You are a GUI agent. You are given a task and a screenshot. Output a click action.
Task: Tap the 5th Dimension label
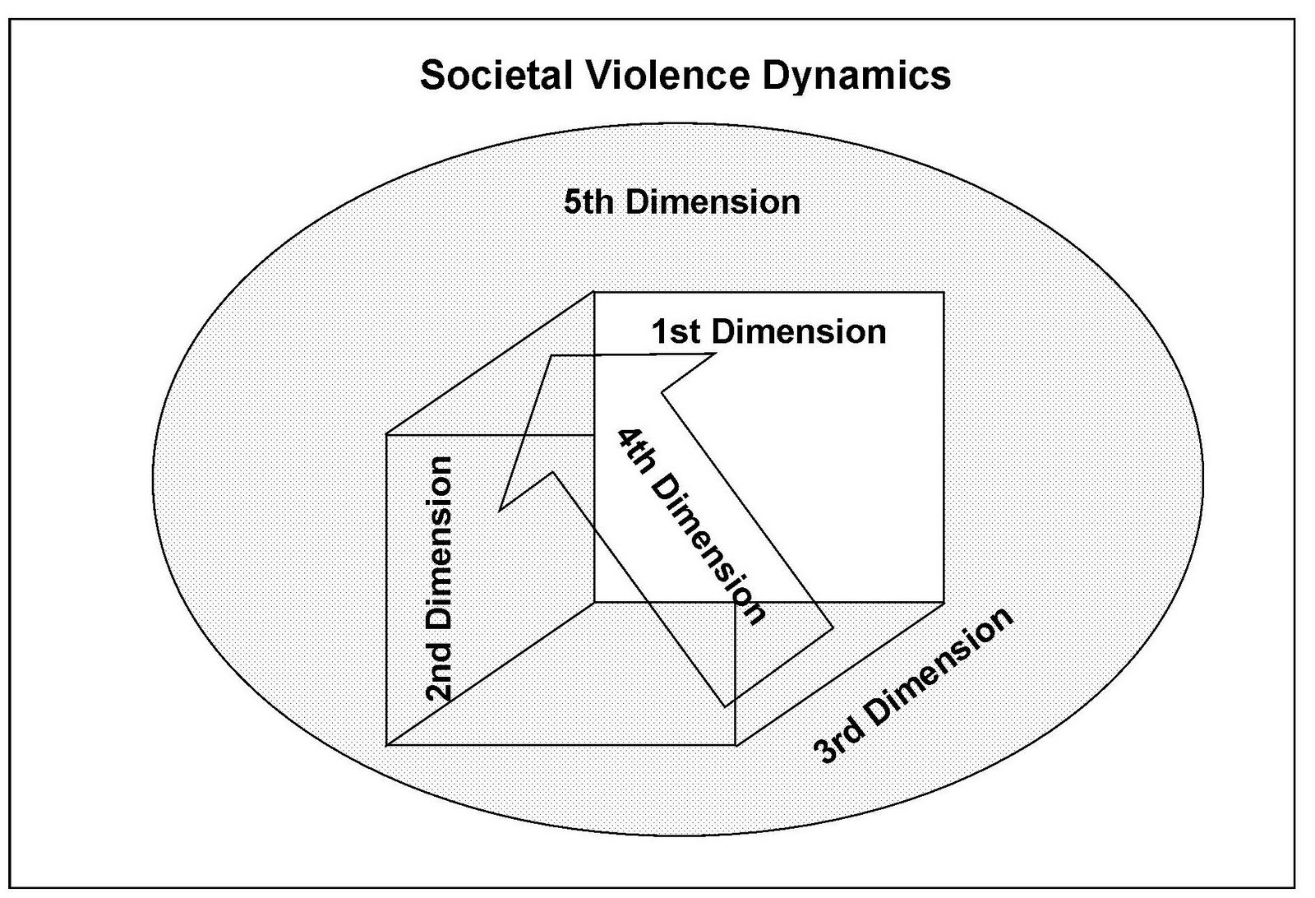681,202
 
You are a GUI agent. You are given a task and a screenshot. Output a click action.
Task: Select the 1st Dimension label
768,332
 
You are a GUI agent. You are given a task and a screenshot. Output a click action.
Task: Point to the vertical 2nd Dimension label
439,578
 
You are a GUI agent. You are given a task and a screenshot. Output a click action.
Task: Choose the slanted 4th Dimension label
691,526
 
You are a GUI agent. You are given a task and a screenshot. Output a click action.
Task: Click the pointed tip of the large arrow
499,511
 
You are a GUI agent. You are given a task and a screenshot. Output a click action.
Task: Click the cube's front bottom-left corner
386,745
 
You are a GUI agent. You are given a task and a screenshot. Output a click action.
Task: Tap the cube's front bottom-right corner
735,745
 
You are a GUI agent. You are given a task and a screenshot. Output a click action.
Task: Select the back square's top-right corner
943,292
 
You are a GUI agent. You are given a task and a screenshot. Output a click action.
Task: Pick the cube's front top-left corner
386,433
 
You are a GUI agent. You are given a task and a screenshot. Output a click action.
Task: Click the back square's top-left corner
594,292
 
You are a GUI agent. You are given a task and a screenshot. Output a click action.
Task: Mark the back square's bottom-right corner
943,602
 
